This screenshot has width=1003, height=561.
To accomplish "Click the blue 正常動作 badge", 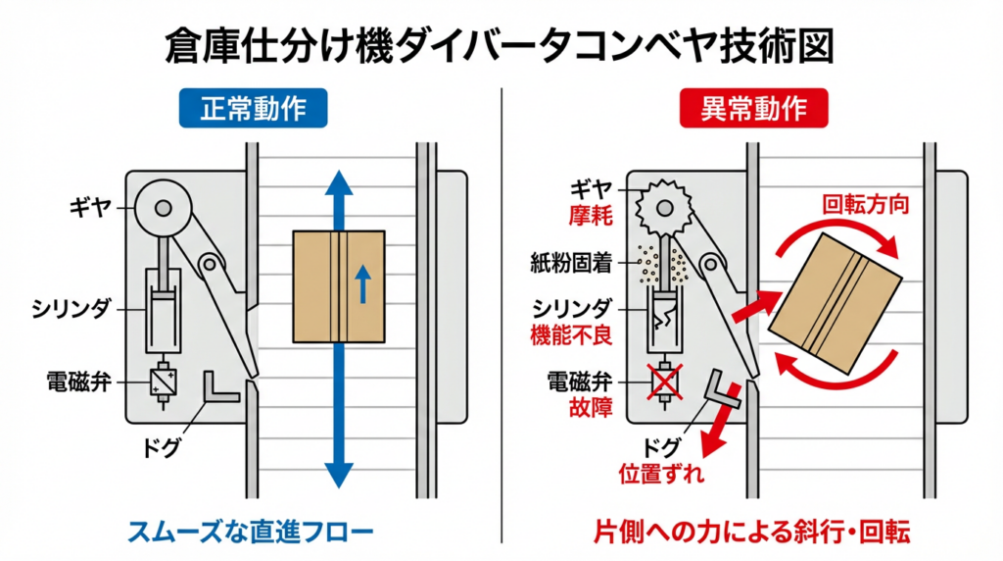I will [254, 108].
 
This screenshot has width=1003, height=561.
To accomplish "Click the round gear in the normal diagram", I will [161, 207].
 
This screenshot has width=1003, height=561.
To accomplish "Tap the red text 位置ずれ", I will [662, 474].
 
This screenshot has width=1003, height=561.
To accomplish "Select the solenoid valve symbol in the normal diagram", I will [161, 380].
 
